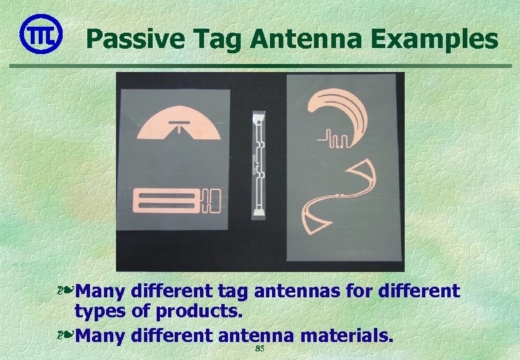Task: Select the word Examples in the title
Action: pos(435,39)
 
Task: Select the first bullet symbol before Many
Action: pos(65,291)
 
